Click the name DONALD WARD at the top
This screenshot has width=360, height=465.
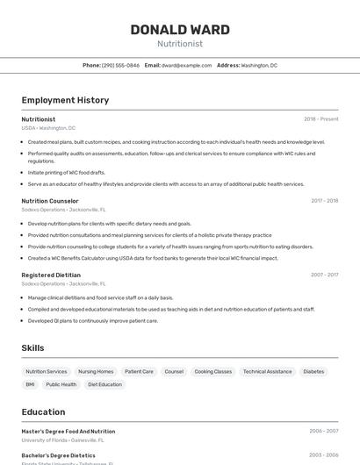pos(180,30)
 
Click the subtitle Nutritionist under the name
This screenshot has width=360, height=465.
pos(180,43)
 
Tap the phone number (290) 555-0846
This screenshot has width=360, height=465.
pos(120,65)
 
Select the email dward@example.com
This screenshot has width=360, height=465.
pos(186,65)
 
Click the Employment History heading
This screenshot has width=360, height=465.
pos(65,100)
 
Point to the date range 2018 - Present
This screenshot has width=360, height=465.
pos(320,119)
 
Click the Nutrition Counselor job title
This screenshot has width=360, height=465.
pos(50,201)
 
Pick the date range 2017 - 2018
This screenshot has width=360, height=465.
pos(324,201)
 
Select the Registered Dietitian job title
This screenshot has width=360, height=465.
pos(51,275)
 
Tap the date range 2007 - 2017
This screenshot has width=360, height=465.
pos(324,275)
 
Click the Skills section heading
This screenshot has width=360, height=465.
pos(32,348)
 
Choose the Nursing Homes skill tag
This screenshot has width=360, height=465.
pos(96,371)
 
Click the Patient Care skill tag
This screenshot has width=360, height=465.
pos(139,371)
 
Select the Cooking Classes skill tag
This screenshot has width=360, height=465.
pos(212,371)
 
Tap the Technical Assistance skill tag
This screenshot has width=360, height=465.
pos(267,371)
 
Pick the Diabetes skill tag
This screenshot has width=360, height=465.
pos(313,371)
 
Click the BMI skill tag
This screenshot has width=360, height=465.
pos(30,384)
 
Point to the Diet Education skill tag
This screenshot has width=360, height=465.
pos(104,384)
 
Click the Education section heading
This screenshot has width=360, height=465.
pos(43,412)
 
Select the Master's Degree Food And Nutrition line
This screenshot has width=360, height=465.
pos(68,432)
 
